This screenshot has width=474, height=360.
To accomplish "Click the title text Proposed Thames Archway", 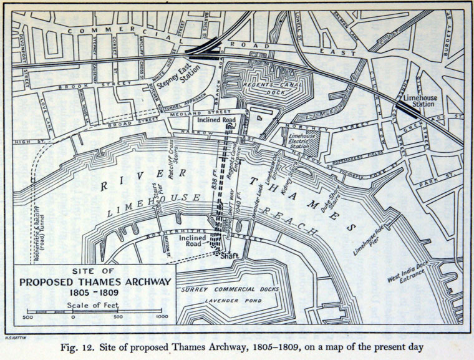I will point(94,281).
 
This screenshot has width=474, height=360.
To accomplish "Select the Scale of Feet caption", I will point(94,304).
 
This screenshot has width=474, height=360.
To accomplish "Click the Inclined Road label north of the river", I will point(213,119).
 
